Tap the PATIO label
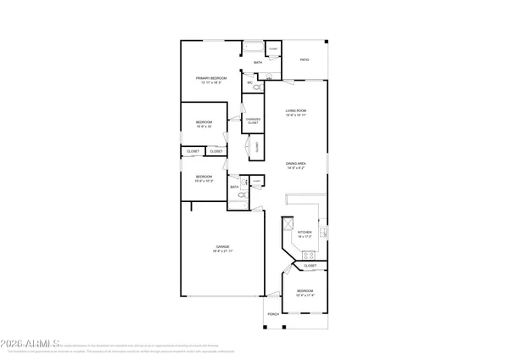click(x=304, y=60)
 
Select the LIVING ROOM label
click(x=295, y=111)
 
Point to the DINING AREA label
click(x=295, y=164)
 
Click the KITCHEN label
click(x=304, y=232)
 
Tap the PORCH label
click(x=273, y=314)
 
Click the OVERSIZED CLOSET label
click(x=252, y=121)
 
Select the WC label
click(x=250, y=82)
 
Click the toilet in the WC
click(x=259, y=87)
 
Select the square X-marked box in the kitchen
click(x=288, y=224)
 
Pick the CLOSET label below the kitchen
click(x=310, y=266)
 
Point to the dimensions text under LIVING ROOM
click(x=295, y=116)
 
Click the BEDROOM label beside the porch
click(x=305, y=291)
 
